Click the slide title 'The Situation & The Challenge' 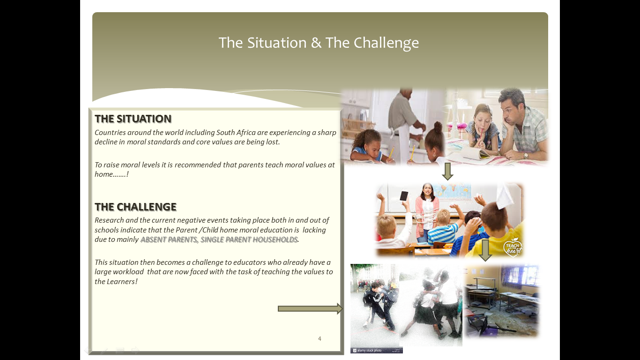319,43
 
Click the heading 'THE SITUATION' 133,119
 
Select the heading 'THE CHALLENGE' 136,207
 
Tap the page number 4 320,338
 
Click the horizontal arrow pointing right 310,308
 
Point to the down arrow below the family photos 447,172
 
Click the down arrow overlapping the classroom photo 485,250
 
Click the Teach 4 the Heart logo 513,247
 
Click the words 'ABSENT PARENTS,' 170,240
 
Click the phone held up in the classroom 404,196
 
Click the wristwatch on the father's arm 526,156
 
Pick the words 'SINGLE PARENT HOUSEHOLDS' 249,240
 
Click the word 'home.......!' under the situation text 112,174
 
